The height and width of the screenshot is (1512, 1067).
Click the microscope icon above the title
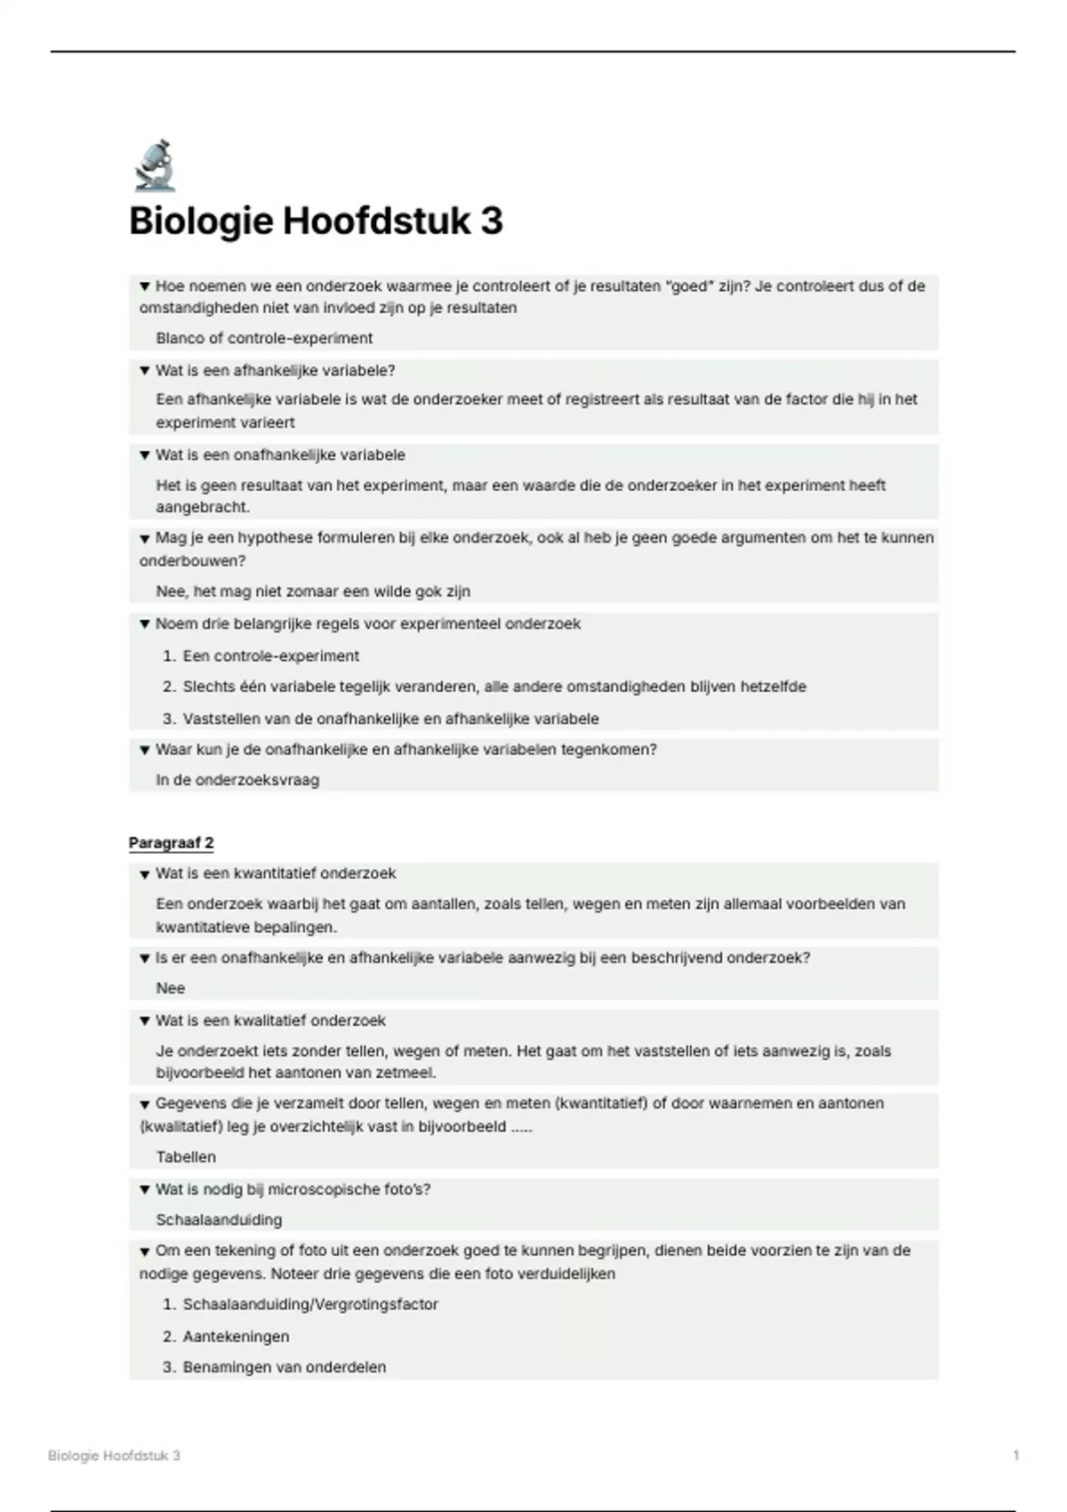pyautogui.click(x=155, y=165)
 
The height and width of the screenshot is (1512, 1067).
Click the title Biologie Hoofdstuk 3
pyautogui.click(x=316, y=221)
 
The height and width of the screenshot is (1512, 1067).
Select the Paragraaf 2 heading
pyautogui.click(x=171, y=842)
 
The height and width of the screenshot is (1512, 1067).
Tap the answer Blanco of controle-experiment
pyautogui.click(x=264, y=338)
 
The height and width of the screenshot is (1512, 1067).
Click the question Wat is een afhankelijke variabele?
pyautogui.click(x=275, y=370)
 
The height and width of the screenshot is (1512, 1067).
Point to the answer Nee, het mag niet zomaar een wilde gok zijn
pyautogui.click(x=313, y=591)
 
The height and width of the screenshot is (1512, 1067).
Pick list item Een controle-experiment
pyautogui.click(x=270, y=656)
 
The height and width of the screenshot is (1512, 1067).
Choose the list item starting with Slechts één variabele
pyautogui.click(x=494, y=687)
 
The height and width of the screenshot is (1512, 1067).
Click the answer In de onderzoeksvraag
pyautogui.click(x=237, y=780)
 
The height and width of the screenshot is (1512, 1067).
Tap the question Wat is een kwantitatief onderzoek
pyautogui.click(x=276, y=873)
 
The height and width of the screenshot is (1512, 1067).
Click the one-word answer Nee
pyautogui.click(x=171, y=988)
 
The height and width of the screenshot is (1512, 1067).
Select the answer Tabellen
pyautogui.click(x=186, y=1157)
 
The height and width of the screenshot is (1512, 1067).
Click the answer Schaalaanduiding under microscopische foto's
pyautogui.click(x=219, y=1219)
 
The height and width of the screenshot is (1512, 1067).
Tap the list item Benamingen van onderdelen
pyautogui.click(x=285, y=1367)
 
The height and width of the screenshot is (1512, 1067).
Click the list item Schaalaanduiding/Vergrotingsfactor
pyautogui.click(x=310, y=1305)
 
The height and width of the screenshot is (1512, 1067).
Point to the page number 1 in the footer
pyautogui.click(x=1016, y=1456)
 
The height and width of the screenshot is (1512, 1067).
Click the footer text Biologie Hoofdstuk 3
pyautogui.click(x=114, y=1456)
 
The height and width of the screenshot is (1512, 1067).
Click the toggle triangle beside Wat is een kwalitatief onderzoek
pyautogui.click(x=144, y=1021)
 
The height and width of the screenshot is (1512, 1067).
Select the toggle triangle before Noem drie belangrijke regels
pyautogui.click(x=144, y=624)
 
